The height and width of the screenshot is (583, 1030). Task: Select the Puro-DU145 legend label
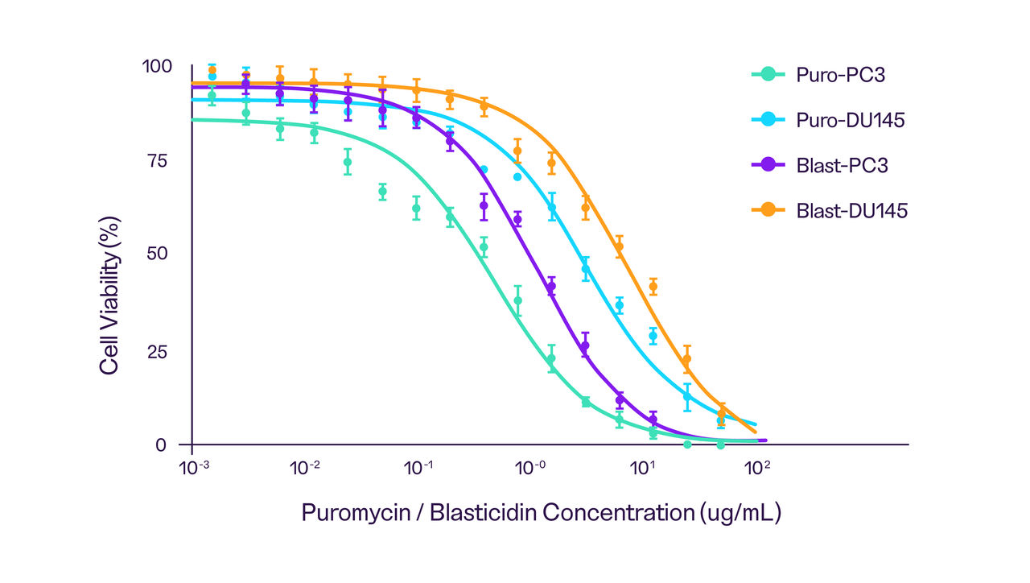(x=851, y=121)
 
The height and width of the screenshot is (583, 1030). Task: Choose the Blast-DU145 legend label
(x=852, y=211)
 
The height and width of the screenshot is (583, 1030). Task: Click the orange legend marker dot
(x=768, y=210)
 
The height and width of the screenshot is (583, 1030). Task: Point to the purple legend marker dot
(x=768, y=165)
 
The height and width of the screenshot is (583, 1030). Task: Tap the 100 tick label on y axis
(x=157, y=67)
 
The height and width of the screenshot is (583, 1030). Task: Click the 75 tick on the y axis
(x=162, y=160)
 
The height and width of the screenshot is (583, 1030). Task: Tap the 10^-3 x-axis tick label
(x=192, y=468)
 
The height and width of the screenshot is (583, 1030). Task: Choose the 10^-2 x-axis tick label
(x=305, y=468)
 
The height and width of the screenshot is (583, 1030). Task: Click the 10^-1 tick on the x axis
(x=418, y=468)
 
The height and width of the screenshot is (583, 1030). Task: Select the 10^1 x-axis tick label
(x=644, y=468)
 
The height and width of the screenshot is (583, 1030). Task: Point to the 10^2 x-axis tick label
(x=756, y=468)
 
